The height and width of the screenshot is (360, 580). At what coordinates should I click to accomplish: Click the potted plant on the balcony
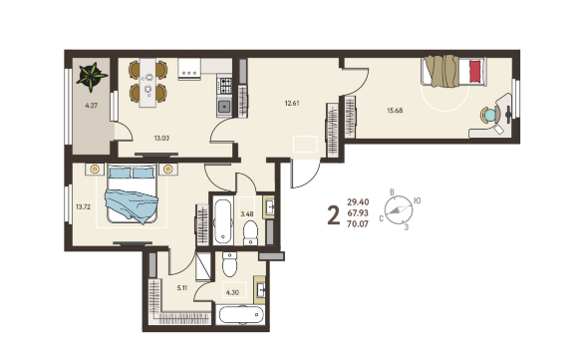click(92, 77)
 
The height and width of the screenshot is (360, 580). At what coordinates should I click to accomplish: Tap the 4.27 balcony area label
click(91, 106)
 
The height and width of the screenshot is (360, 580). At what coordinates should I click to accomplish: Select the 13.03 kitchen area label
click(161, 138)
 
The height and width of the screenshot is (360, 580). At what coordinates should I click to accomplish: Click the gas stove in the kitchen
click(224, 86)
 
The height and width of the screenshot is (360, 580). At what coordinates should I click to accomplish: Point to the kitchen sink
click(224, 107)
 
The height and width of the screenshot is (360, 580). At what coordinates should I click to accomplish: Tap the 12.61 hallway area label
click(292, 104)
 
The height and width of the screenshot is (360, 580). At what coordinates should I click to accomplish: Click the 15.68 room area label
click(395, 111)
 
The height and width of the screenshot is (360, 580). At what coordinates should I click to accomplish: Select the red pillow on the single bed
click(475, 71)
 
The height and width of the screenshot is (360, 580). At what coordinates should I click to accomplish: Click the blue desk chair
click(489, 115)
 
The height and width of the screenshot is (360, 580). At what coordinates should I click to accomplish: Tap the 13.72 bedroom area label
click(84, 207)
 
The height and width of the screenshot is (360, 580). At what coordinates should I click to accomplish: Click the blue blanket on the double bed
click(132, 205)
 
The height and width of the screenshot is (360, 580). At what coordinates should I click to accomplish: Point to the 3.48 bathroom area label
click(247, 213)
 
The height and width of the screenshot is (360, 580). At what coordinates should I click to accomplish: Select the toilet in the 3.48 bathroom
click(250, 233)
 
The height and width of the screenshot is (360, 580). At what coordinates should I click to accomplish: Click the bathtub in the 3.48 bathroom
click(223, 221)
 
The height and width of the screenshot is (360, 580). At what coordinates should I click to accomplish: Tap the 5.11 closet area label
click(181, 288)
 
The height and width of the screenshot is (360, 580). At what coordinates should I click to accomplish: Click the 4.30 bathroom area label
click(232, 292)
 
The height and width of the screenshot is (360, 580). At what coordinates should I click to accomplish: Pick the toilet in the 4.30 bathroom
click(229, 264)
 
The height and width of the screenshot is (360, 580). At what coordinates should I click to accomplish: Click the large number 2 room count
click(333, 215)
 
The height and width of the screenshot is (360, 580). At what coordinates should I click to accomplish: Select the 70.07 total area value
click(358, 223)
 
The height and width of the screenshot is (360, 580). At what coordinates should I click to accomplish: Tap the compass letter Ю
click(417, 200)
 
